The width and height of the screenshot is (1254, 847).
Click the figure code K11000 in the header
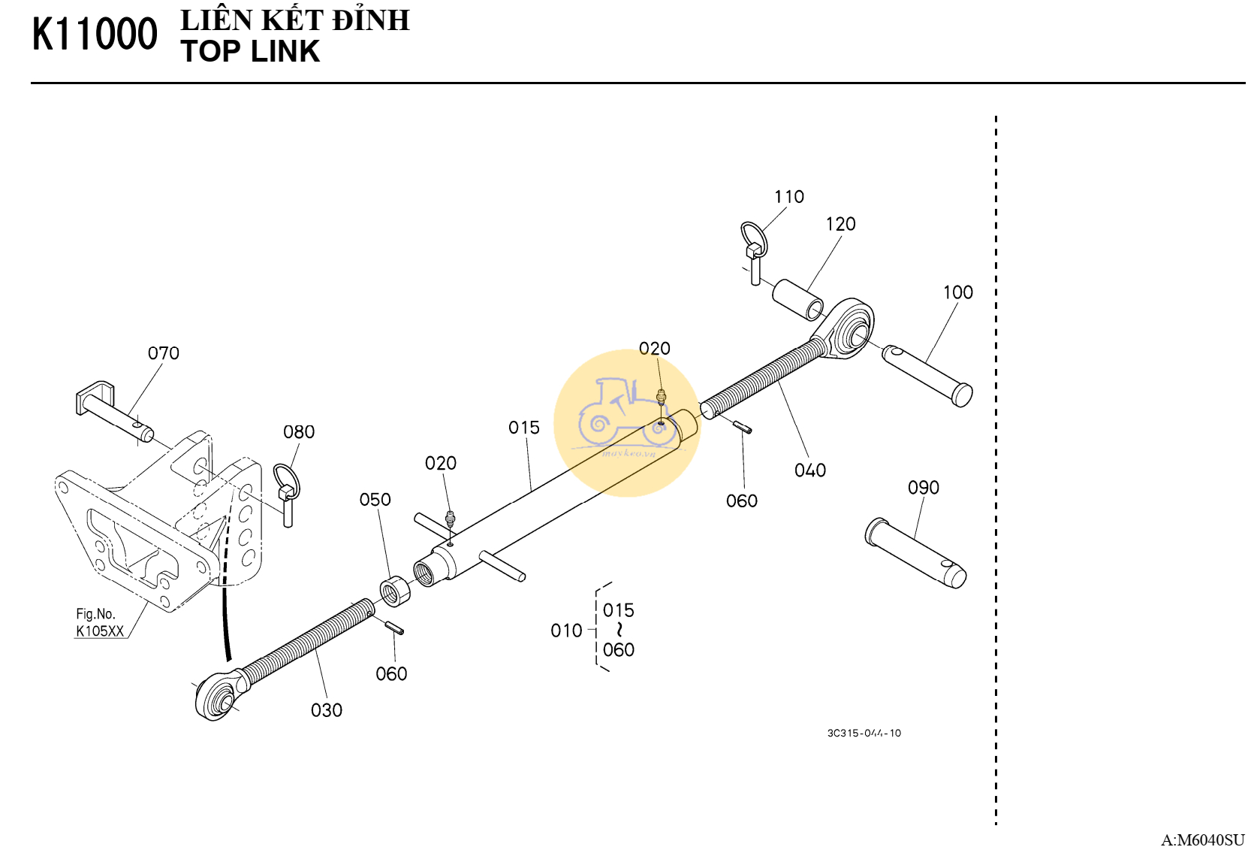[95, 35]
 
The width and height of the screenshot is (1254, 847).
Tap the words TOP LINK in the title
[250, 52]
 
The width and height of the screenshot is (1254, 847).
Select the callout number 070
[163, 353]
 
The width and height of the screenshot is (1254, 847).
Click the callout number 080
[299, 432]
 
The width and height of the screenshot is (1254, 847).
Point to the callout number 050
[375, 500]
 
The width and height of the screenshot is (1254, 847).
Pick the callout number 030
[327, 710]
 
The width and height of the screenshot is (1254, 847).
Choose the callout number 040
[810, 470]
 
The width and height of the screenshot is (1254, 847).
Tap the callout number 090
[924, 488]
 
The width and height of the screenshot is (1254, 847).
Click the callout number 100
[958, 292]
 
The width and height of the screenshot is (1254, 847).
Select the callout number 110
[789, 197]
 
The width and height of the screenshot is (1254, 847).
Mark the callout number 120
[841, 224]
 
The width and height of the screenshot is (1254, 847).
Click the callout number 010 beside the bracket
[566, 631]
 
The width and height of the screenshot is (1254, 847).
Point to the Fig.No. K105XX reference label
[99, 623]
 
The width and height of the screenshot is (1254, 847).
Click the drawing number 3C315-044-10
[864, 733]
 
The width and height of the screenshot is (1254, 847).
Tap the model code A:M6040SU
[1202, 839]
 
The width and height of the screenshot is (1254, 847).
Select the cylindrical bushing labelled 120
[797, 299]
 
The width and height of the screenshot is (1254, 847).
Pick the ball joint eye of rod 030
[217, 698]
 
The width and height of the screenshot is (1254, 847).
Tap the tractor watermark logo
[626, 421]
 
